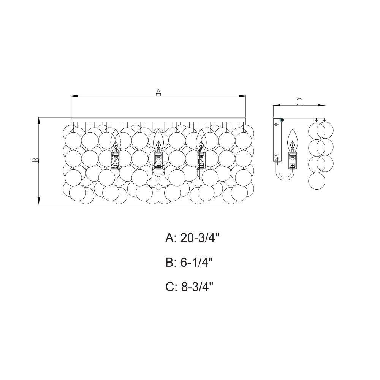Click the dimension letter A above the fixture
point(158,92)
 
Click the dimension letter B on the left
point(35,160)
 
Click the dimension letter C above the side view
point(299,102)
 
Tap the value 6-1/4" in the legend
point(197,263)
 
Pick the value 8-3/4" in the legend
point(197,287)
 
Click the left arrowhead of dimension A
point(74,96)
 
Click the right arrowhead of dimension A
point(242,96)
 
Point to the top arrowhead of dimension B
point(39,121)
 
